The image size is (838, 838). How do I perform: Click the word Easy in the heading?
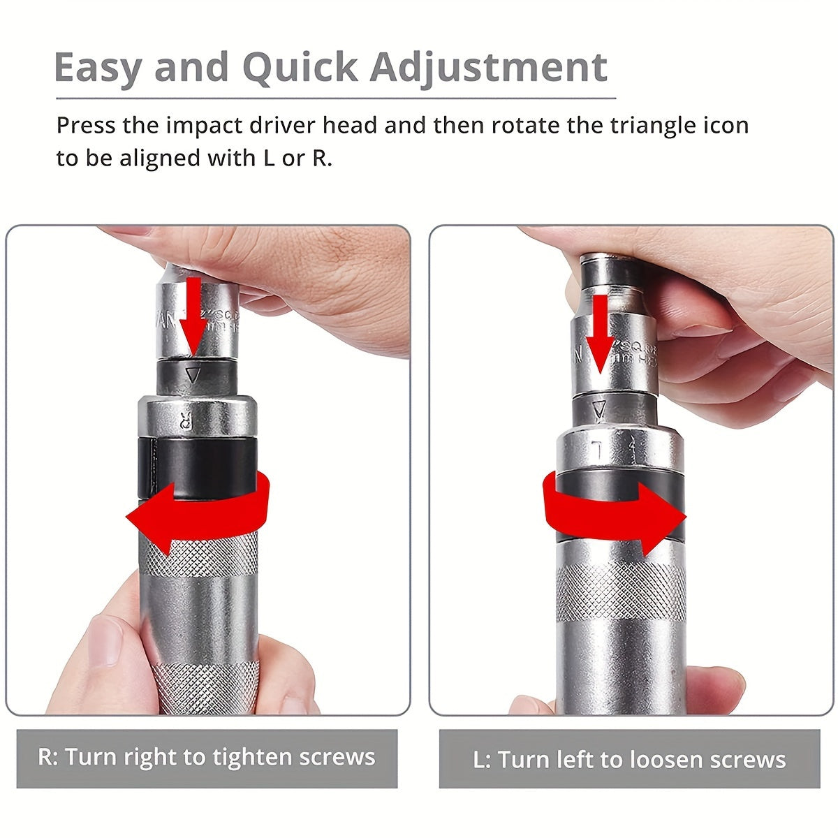coord(98,67)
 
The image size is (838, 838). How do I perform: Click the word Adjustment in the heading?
coord(488,67)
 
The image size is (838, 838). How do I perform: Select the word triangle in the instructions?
coord(633,126)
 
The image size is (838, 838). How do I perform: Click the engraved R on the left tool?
coord(186,420)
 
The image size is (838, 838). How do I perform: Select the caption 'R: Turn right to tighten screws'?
coord(207,758)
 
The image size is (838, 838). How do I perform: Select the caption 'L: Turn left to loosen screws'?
coord(629,759)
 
